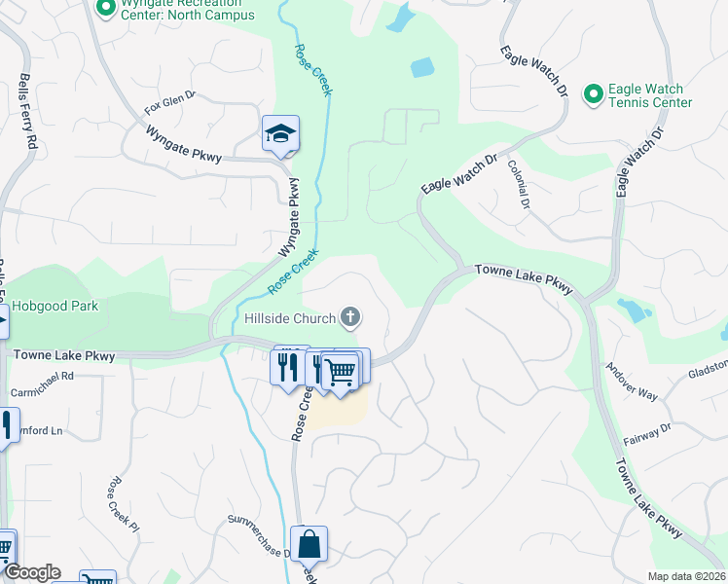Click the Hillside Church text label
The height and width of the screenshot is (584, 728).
288,317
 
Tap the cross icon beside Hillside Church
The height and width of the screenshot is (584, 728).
350,317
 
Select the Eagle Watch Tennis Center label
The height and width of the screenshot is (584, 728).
649,95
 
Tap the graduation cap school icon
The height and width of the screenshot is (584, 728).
280,134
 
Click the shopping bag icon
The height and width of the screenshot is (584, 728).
309,545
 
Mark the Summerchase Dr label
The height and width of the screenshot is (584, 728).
258,537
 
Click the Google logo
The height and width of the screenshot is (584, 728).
31,572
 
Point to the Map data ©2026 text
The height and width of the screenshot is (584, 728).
686,576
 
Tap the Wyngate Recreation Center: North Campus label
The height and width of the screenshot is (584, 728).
185,10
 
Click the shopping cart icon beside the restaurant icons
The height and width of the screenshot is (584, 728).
340,370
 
